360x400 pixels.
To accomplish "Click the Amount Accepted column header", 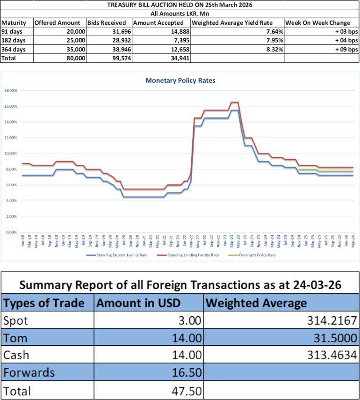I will (x=158, y=22).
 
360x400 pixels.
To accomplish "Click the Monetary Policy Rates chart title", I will (x=180, y=80).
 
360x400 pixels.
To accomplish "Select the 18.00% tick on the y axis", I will (x=11, y=90).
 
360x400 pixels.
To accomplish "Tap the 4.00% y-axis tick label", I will (x=12, y=201).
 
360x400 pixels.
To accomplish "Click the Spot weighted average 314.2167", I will (x=333, y=321).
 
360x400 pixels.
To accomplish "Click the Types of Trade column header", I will (x=44, y=303).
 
